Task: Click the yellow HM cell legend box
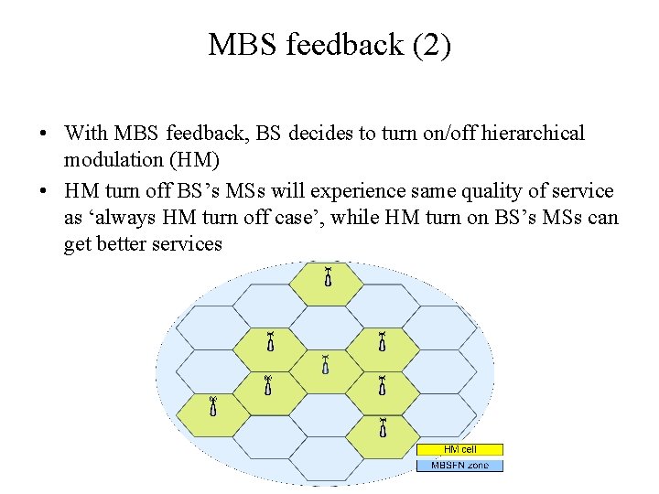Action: point(459,449)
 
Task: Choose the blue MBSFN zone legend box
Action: point(459,466)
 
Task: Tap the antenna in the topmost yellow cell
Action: point(326,275)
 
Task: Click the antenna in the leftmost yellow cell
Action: point(212,406)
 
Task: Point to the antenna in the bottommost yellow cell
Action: point(382,426)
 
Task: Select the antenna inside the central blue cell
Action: point(326,365)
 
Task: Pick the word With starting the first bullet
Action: point(86,134)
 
